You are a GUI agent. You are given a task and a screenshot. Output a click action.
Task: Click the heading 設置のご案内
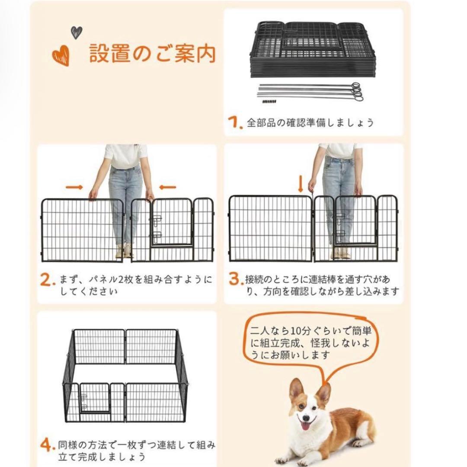(152, 54)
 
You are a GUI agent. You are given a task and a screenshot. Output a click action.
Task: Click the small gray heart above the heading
(77, 32)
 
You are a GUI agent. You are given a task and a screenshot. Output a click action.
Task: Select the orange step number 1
(234, 123)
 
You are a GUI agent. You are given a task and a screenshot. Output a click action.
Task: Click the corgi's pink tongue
(309, 428)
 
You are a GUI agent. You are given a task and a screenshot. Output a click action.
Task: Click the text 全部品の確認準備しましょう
(310, 123)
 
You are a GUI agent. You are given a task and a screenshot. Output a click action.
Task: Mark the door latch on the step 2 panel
(155, 227)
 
